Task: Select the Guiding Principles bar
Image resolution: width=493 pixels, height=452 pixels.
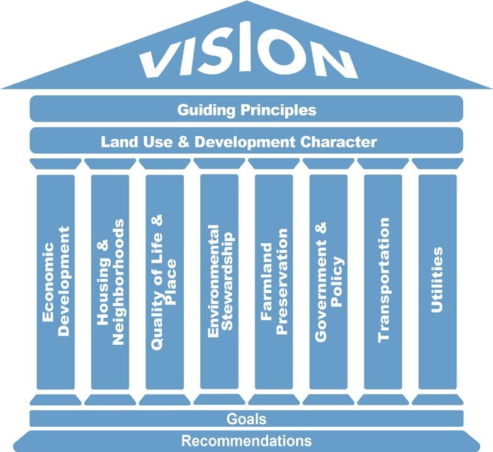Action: pos(246,110)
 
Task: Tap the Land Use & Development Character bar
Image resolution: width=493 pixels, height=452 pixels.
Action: pos(246,141)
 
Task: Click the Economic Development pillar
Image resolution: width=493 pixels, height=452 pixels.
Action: pos(55,281)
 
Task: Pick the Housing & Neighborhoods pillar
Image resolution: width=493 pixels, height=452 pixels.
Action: pos(110,281)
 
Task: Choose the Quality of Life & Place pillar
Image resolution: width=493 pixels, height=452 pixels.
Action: pos(164,281)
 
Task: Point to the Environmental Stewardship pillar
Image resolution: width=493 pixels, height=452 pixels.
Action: pos(219,281)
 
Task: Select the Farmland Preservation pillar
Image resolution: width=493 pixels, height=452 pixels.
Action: pos(273,281)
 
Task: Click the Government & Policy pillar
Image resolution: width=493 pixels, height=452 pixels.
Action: pos(328,281)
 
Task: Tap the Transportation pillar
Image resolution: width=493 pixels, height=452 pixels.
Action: pos(383,281)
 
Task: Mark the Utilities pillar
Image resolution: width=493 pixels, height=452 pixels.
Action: pos(437,281)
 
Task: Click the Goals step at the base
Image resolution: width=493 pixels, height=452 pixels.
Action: pos(246,419)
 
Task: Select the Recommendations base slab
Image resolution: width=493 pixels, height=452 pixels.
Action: pos(246,440)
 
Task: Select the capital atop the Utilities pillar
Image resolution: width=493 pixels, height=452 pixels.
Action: pos(437,163)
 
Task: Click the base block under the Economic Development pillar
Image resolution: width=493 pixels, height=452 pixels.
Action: pos(55,399)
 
